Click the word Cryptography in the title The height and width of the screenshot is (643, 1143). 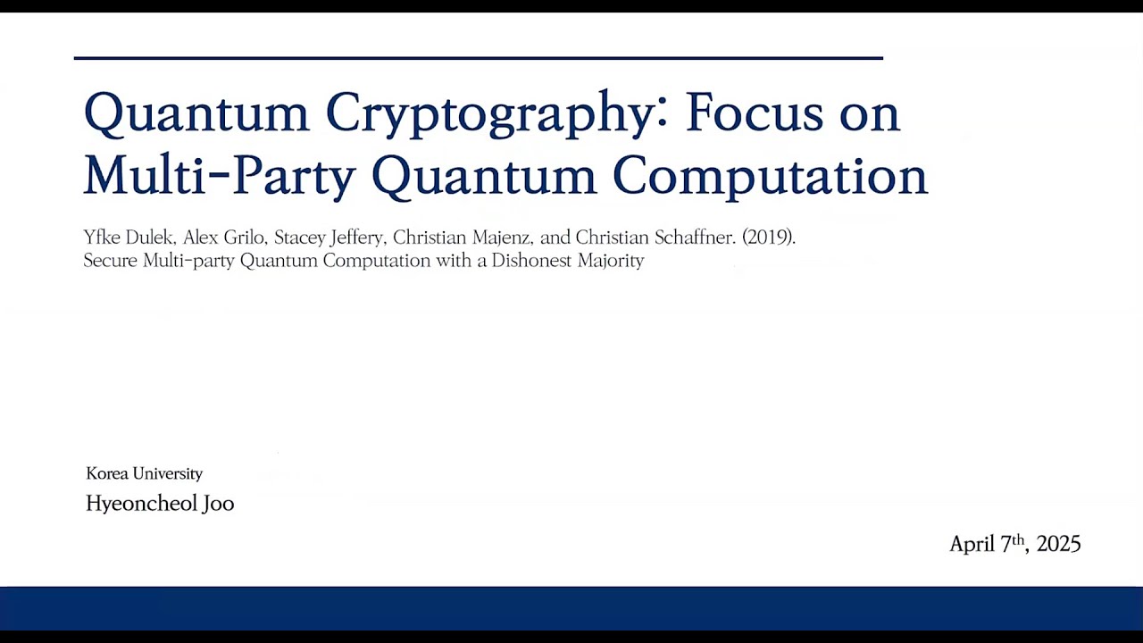pos(489,114)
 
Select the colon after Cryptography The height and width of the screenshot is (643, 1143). pos(662,109)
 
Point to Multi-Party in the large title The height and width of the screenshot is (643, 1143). pos(219,175)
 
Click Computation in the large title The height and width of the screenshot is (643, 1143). pos(770,176)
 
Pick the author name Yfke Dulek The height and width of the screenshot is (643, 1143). pos(128,238)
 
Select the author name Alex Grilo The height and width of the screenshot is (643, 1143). pos(223,238)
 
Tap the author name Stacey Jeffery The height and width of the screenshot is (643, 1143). pos(328,238)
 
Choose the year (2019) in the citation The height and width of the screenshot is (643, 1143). pos(768,238)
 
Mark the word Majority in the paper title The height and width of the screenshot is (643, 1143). pos(612,261)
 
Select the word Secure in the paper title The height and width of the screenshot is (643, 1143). pos(111,261)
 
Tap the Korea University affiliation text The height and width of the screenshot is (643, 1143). pos(144,473)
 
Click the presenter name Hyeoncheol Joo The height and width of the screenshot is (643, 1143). pos(160,504)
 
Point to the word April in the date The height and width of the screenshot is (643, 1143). pos(972,544)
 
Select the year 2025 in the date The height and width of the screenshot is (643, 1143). pos(1059,544)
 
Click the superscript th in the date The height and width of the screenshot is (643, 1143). pos(1018,539)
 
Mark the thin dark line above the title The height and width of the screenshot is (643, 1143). pos(478,58)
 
